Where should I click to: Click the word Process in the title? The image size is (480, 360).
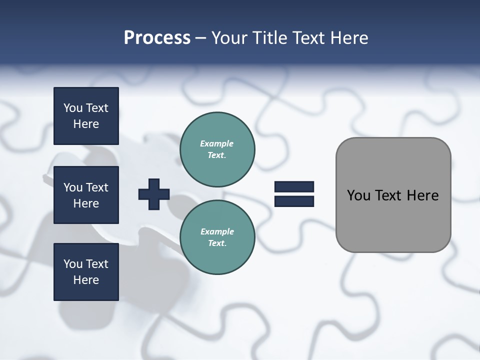pos(157,38)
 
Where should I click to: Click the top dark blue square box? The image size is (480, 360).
pos(86,116)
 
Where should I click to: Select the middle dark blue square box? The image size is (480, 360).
pos(86,195)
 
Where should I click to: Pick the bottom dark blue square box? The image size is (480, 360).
pos(86,271)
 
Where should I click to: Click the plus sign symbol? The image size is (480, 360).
pos(154,194)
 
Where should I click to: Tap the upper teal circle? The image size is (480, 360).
pos(217,149)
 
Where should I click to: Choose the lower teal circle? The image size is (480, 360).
pos(217,237)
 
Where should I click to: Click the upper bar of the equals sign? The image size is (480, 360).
pos(294,187)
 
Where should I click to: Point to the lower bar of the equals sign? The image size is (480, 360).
pos(294,201)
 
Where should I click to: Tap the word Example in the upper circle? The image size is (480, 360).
pos(217,143)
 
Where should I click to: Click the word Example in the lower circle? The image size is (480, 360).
pos(217,231)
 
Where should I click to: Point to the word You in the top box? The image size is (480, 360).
pos(73,108)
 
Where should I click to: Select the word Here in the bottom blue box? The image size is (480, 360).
pos(86,280)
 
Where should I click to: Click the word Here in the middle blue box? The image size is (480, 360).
pos(86,203)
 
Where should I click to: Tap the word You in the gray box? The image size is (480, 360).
pos(358,195)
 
